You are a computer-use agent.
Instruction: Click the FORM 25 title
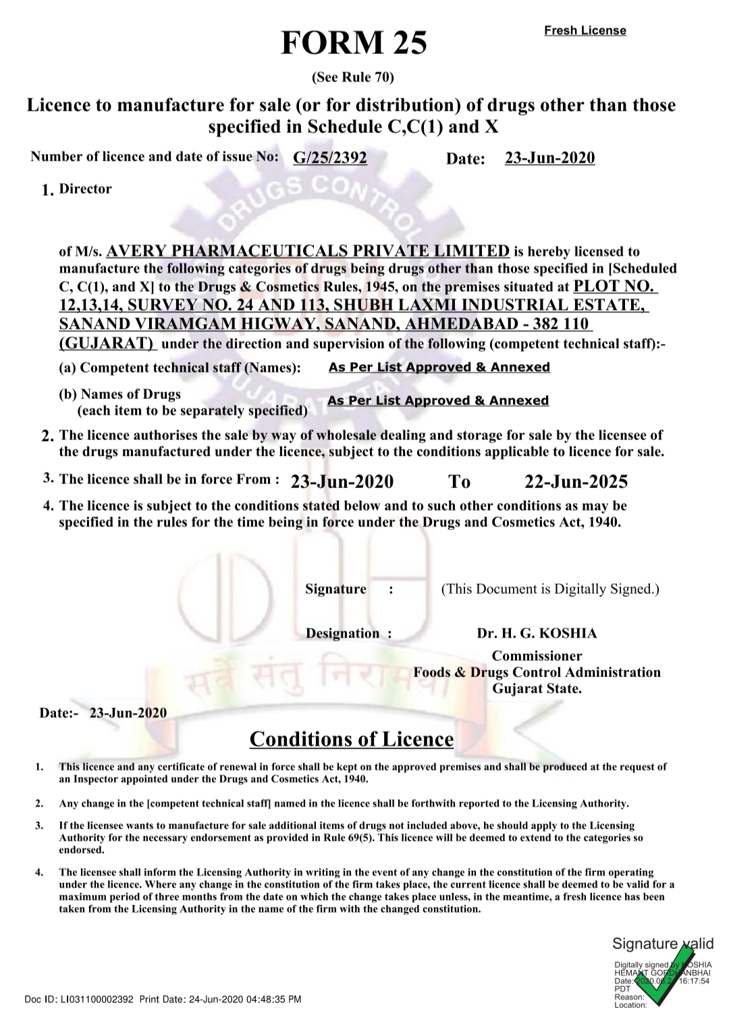354,44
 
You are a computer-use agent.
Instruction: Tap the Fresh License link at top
585,30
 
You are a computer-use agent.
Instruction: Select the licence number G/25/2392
330,158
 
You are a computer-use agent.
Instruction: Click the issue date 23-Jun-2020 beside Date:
549,158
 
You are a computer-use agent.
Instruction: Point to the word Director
86,189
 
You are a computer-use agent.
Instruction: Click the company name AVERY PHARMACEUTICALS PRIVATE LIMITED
308,252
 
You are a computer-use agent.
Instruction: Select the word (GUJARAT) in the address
107,343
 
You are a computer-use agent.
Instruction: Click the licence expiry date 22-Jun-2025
576,481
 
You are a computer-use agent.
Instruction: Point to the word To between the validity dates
460,481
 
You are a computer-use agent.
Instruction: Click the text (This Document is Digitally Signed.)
550,589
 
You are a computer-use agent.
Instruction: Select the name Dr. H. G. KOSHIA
537,633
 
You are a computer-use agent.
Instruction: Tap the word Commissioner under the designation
537,656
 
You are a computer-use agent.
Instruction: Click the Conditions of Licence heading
351,739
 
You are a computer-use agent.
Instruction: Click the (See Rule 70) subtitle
352,77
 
